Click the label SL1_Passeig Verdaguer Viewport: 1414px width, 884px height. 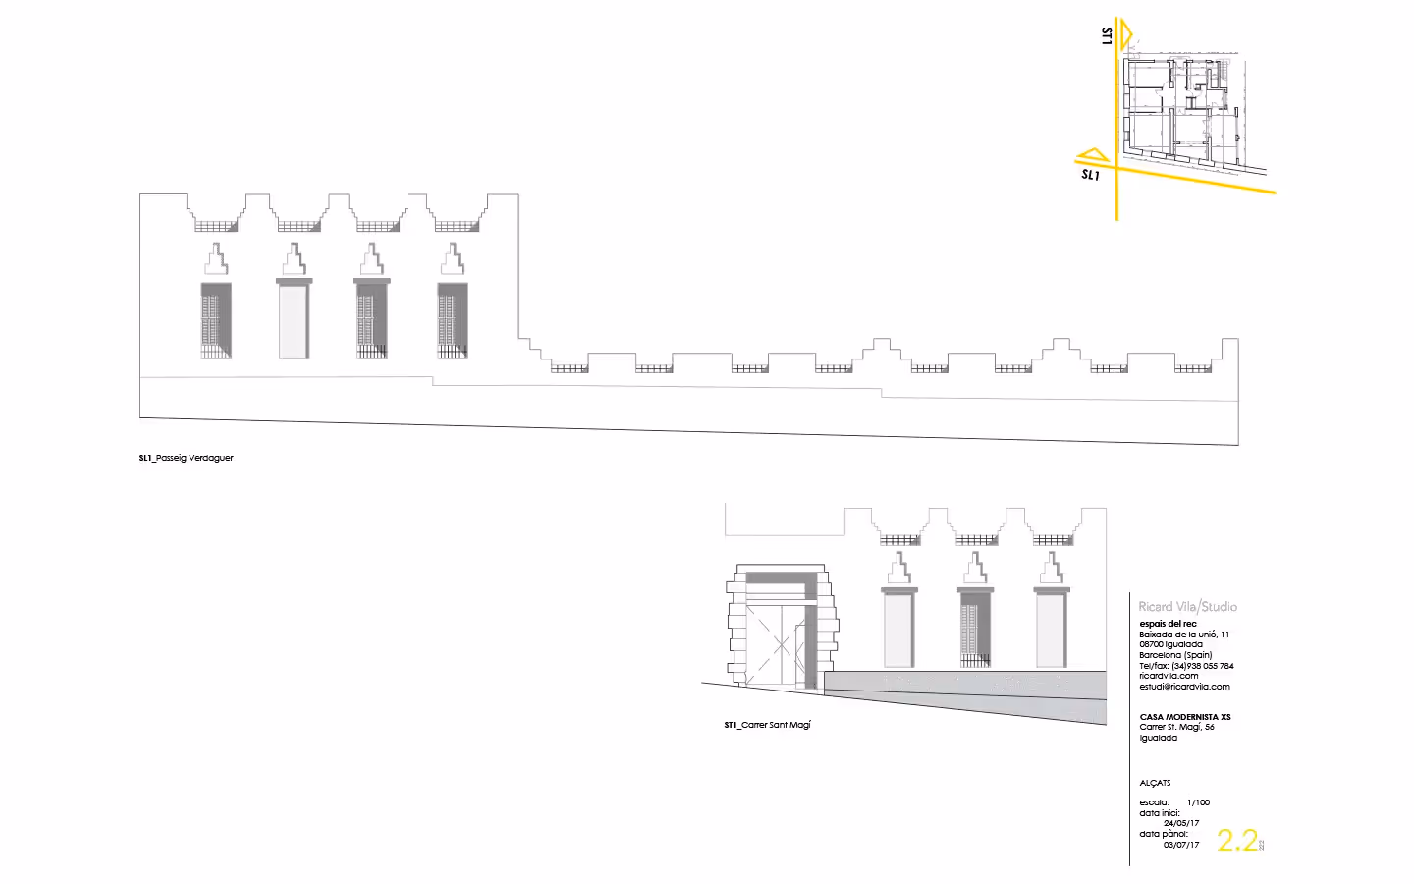pos(187,458)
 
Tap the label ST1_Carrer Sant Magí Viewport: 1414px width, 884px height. pos(768,725)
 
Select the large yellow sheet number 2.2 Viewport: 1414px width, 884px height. pos(1237,840)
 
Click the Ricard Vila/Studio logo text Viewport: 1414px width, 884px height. pos(1187,607)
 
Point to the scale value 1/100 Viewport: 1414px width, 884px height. pos(1198,802)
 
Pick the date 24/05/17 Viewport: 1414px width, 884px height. pos(1181,823)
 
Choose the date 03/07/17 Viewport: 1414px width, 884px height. pos(1181,845)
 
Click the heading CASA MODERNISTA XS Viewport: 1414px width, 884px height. pos(1184,717)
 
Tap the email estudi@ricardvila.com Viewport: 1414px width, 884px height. pos(1184,687)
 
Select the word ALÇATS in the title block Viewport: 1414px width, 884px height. pos(1155,783)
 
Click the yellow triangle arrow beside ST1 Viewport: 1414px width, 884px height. pos(1125,36)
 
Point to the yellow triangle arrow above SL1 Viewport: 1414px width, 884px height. pos(1093,155)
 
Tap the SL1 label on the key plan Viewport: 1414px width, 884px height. pos(1090,175)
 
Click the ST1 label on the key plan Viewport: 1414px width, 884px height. pos(1108,36)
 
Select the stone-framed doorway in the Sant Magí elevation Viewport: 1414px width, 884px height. pos(782,629)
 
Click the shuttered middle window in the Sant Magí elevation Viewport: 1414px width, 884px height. pos(975,630)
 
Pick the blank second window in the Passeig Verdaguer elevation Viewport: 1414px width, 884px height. pos(294,320)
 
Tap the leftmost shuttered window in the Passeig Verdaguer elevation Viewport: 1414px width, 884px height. pos(216,320)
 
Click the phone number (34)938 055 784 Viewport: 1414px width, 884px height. pos(1203,666)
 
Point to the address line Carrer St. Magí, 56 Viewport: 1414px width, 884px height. pos(1176,727)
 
